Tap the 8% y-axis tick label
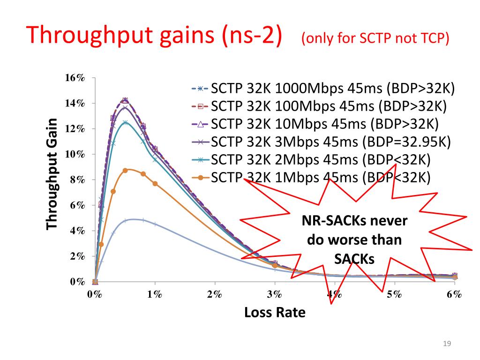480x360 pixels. tap(75, 180)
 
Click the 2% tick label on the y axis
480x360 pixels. tap(75, 256)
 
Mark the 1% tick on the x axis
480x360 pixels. tap(155, 294)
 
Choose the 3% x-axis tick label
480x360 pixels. tap(275, 294)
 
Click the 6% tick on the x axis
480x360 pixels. tap(454, 294)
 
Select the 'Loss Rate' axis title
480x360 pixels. tap(275, 312)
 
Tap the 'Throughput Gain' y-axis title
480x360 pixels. tap(52, 174)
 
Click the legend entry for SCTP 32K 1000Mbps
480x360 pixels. tap(323, 88)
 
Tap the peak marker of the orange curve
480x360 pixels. tap(125, 171)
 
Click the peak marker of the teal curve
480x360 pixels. tap(125, 122)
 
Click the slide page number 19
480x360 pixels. tap(447, 345)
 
